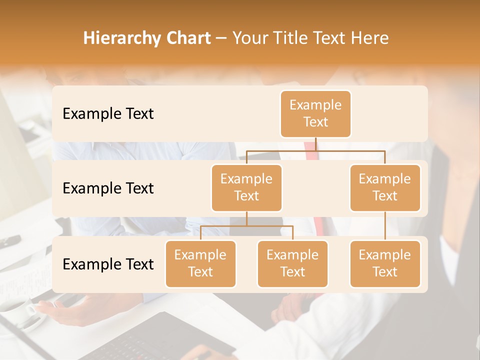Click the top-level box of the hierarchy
coord(315,114)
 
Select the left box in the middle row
coord(246,188)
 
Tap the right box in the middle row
coord(385,188)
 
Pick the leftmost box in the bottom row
coord(200,264)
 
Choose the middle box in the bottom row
coord(292,264)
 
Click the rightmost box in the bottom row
coord(385,264)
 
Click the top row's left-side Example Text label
coord(108,114)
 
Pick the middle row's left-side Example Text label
coord(108,188)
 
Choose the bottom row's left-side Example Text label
coord(108,264)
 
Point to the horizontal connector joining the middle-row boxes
coord(315,150)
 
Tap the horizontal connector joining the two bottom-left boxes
coord(246,226)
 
